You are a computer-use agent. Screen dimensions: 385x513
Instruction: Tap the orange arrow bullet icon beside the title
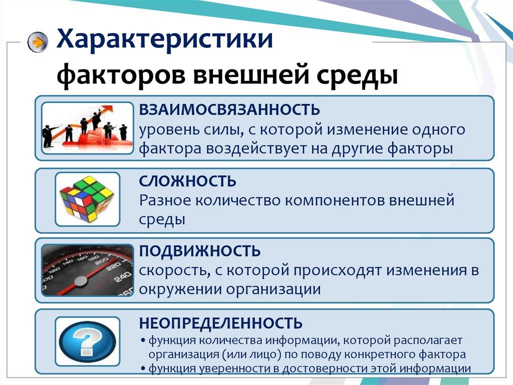[38, 42]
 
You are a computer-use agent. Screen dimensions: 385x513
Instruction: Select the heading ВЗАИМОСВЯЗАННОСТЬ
[229, 109]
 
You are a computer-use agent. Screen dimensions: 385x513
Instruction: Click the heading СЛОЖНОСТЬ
[188, 181]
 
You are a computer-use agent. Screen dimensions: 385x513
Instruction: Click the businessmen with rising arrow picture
[87, 128]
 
